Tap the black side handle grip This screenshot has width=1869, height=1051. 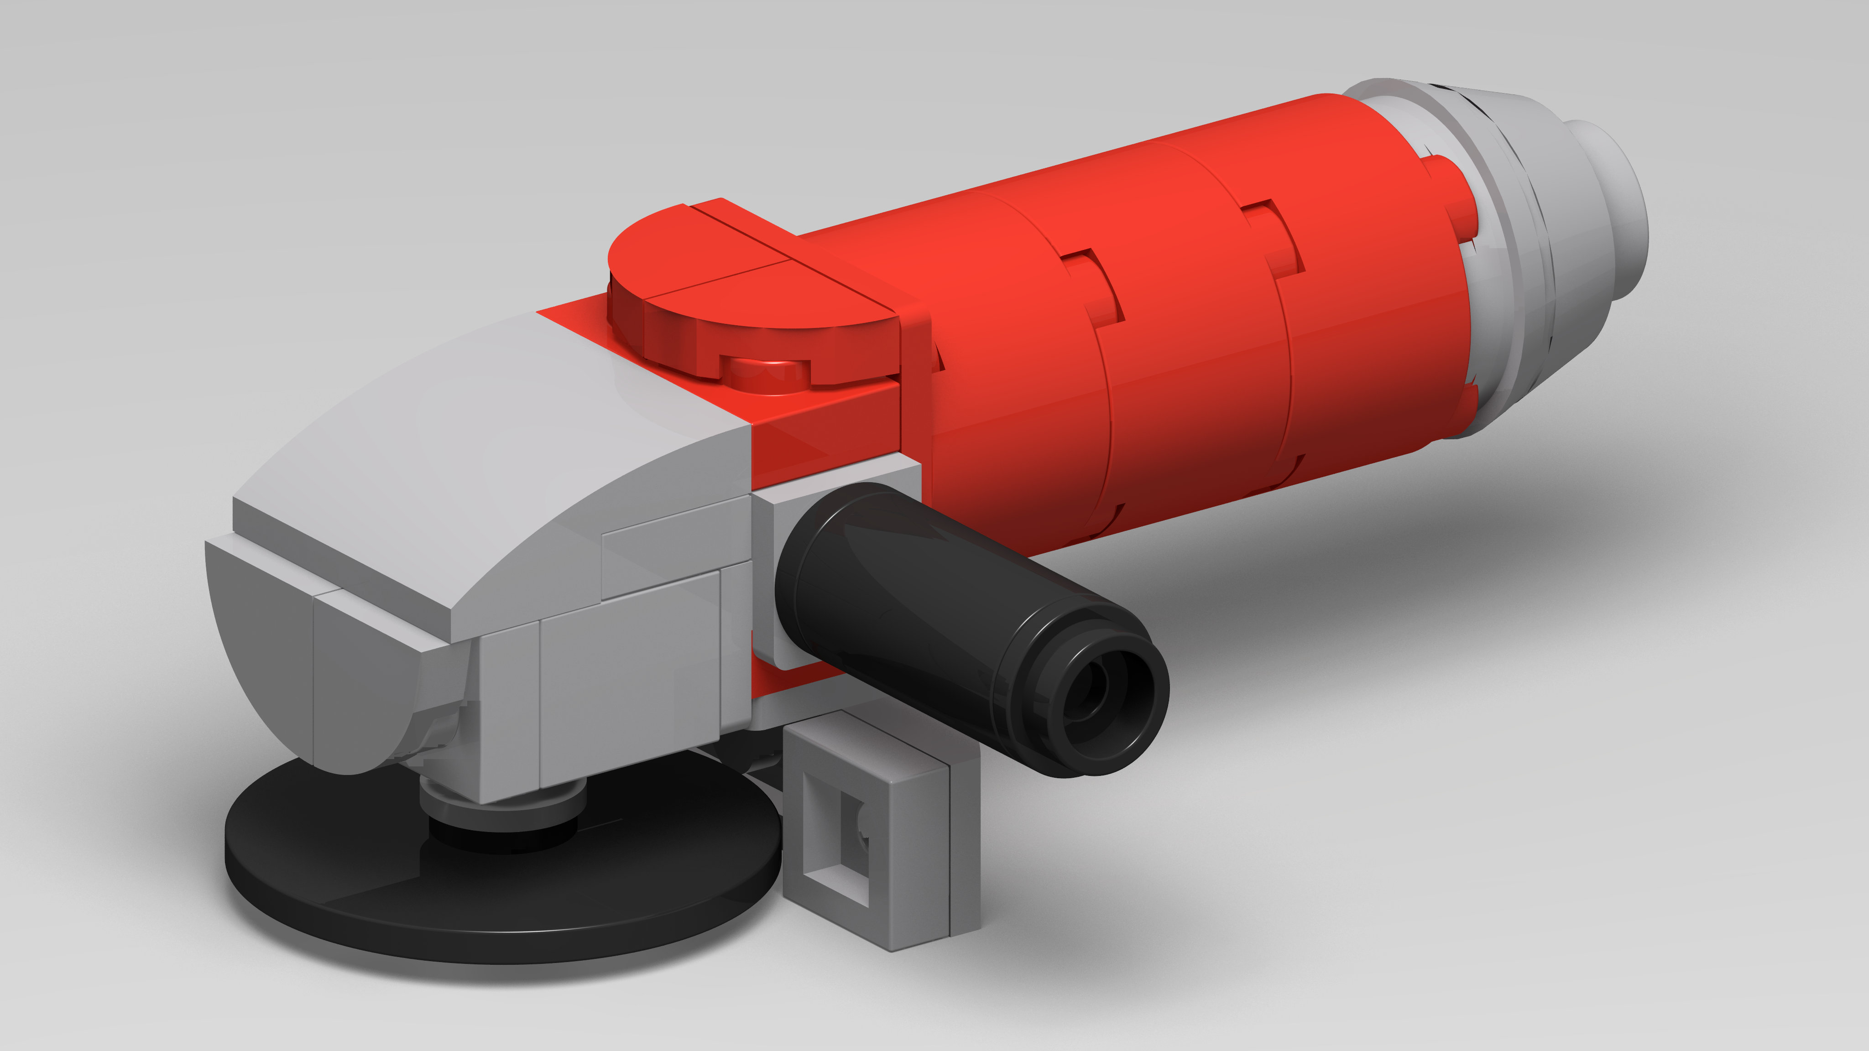pyautogui.click(x=929, y=617)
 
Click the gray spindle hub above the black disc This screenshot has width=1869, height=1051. pyautogui.click(x=501, y=805)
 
